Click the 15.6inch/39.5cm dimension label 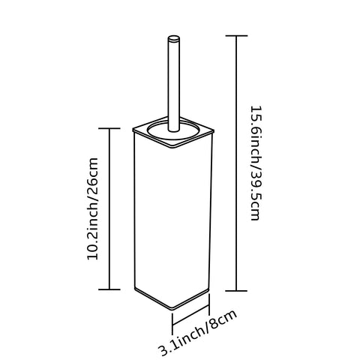pos(256,163)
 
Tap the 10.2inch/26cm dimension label pos(92,208)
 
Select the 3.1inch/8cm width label pos(198,332)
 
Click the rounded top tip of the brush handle pos(174,38)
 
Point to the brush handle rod pos(174,84)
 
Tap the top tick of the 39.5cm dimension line pos(236,36)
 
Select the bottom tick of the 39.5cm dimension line pos(236,291)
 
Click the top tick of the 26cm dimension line pos(109,128)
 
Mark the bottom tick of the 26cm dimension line pos(109,289)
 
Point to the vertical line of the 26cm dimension pos(109,209)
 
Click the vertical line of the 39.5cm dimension pos(236,163)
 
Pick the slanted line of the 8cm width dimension pos(190,315)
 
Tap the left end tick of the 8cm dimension pos(172,324)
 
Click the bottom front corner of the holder pos(173,308)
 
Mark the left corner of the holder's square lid pos(133,130)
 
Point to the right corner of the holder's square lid pos(214,130)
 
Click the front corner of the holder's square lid pos(174,147)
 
